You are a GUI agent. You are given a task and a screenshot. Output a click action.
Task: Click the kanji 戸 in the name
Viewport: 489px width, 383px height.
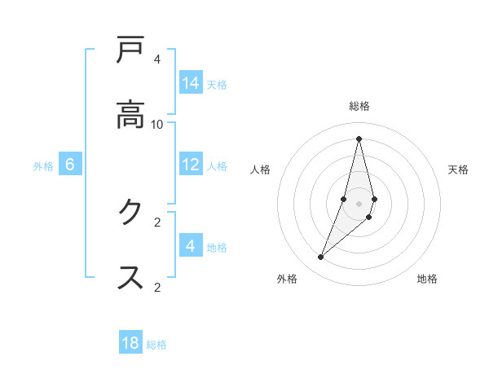[x=130, y=51]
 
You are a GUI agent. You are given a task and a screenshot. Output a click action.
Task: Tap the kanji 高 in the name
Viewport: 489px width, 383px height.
[x=130, y=113]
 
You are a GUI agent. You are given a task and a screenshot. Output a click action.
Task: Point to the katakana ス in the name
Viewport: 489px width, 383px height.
[x=130, y=276]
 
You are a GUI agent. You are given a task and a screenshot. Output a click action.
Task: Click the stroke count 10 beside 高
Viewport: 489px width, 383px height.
[x=157, y=124]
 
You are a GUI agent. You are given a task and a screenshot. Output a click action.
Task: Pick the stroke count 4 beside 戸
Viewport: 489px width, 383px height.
[x=157, y=59]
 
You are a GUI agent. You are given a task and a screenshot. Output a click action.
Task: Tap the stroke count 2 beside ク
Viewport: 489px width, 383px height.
[x=157, y=222]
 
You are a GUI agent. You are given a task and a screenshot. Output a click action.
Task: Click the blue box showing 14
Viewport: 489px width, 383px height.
[x=191, y=83]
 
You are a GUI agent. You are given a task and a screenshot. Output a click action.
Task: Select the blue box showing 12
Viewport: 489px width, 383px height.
[x=191, y=165]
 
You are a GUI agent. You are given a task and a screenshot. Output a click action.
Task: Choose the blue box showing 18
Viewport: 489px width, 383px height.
[x=130, y=343]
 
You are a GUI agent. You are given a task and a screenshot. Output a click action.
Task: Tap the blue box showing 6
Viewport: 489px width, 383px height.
[x=70, y=165]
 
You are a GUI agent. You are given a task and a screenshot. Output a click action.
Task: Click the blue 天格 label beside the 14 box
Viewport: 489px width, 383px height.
[x=217, y=84]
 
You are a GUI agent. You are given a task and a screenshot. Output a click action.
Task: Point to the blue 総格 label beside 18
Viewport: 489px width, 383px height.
[x=156, y=344]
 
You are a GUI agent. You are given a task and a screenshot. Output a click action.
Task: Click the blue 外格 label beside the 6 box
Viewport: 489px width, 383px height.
[x=43, y=165]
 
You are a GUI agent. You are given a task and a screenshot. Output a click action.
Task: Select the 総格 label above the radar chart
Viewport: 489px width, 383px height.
[x=359, y=106]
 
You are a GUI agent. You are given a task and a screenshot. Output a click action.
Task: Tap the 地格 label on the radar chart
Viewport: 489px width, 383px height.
[x=427, y=279]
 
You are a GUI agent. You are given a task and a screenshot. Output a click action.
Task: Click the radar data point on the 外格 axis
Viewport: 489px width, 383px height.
[x=321, y=258]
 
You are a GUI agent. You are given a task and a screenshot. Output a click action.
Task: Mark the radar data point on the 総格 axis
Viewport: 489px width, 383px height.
[x=359, y=138]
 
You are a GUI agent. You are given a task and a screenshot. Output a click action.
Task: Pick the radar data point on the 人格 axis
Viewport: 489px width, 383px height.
[x=344, y=199]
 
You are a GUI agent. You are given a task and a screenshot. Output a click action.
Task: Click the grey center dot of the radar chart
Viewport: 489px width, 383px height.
[x=359, y=204]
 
